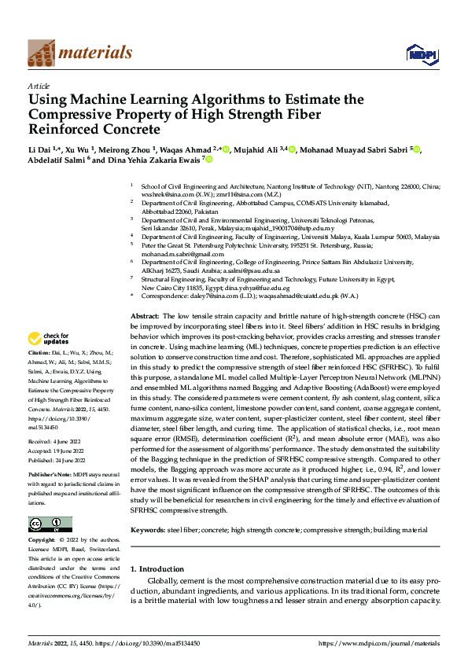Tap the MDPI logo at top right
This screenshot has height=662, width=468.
[421, 53]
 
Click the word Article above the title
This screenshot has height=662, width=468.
[38, 86]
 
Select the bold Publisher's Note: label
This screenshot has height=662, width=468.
[50, 476]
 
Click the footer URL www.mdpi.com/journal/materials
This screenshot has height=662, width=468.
[378, 644]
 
